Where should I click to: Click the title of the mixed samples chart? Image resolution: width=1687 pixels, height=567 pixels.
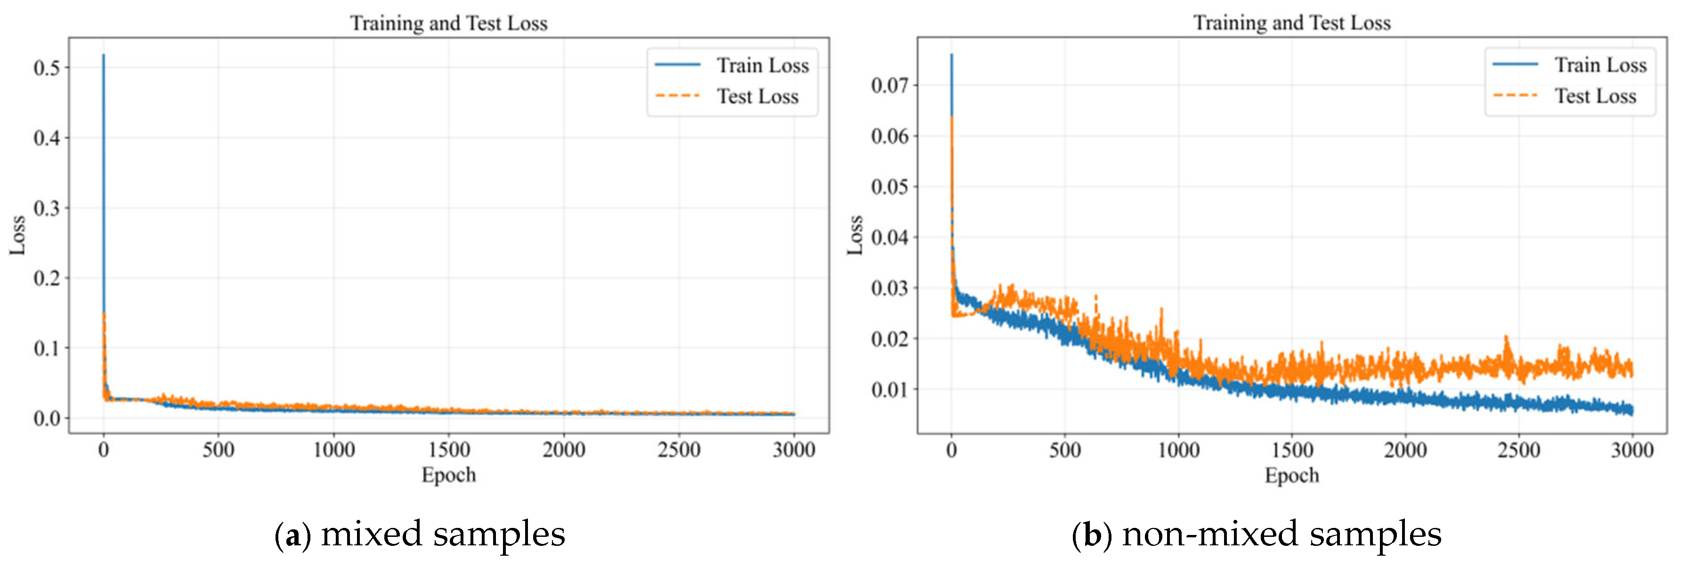point(449,24)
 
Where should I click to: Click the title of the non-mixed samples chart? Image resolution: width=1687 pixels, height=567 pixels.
point(1291,23)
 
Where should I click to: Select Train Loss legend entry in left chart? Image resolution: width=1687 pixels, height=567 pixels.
point(762,65)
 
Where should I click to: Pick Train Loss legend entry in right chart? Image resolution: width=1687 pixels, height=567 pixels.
point(1600,65)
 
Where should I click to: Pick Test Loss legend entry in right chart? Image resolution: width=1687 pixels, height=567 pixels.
point(1595,96)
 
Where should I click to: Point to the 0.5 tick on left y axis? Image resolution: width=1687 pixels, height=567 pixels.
point(47,68)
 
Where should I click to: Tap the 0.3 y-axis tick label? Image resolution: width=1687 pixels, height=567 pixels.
point(47,208)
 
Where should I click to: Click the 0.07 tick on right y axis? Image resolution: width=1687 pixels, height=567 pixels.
point(889,85)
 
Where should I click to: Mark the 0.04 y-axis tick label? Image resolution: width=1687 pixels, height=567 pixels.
point(889,237)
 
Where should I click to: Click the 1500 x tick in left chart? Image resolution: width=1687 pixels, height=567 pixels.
point(449,450)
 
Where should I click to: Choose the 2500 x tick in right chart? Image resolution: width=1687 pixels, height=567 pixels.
point(1519,450)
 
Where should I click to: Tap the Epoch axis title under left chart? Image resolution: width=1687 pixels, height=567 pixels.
point(449,475)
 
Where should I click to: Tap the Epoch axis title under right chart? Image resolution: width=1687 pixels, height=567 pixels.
point(1291,475)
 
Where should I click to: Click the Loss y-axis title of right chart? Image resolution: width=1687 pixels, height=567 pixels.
point(855,235)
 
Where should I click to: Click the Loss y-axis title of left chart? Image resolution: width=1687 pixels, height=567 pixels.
point(18,235)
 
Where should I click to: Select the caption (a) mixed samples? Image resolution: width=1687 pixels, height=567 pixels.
point(420,534)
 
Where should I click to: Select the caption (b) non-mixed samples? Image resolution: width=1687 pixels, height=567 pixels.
point(1256,534)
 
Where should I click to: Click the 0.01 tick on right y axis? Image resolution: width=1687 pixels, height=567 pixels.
point(889,389)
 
